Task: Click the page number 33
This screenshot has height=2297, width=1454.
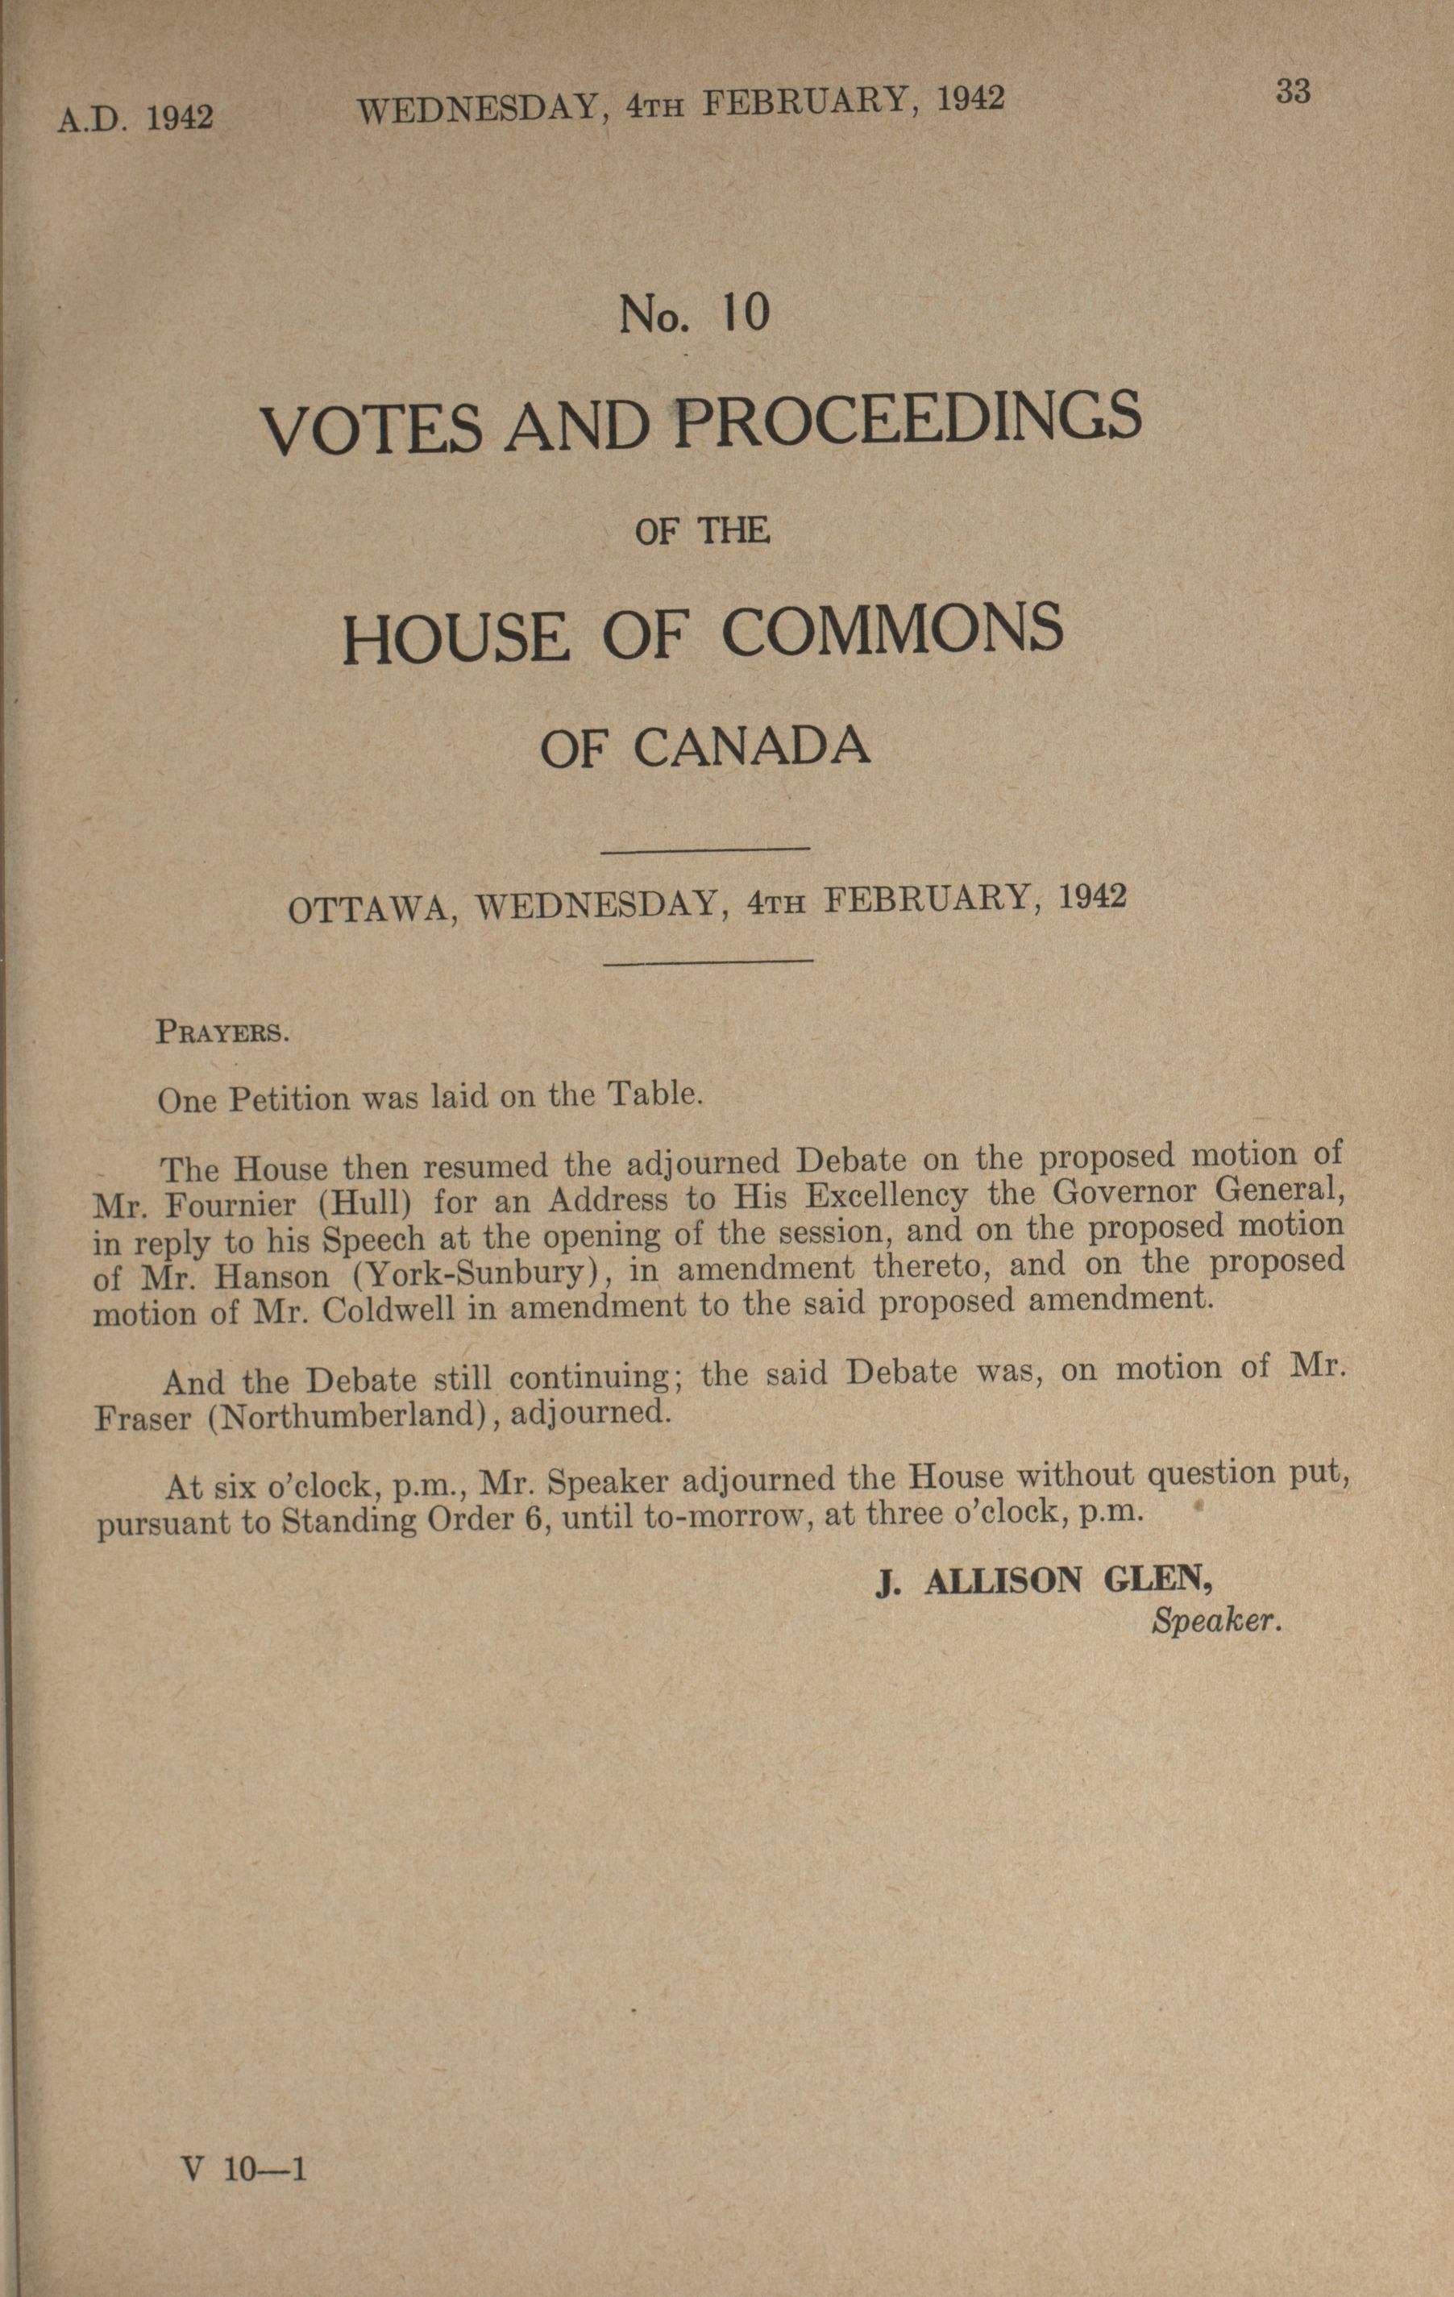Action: click(x=1292, y=93)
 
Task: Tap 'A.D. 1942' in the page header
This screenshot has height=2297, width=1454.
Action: click(x=135, y=118)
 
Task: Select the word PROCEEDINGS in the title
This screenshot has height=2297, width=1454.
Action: click(x=908, y=420)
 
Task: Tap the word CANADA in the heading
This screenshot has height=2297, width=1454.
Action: click(x=752, y=747)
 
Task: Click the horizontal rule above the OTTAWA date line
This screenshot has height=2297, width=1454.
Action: click(x=707, y=848)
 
